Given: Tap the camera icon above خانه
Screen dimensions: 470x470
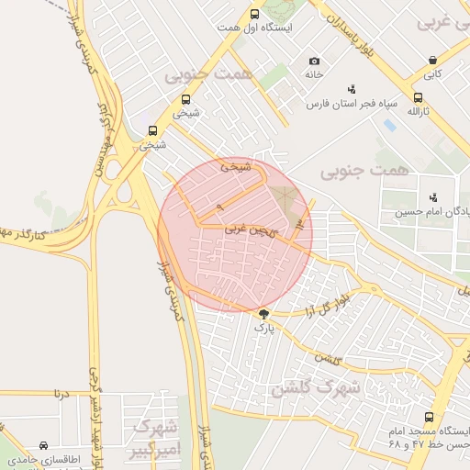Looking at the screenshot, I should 315,61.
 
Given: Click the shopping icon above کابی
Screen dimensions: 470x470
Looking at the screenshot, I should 431,61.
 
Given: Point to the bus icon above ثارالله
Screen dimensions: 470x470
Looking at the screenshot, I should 418,97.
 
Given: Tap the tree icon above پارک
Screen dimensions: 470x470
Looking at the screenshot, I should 264,314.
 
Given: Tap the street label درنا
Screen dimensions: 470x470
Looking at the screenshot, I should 61,394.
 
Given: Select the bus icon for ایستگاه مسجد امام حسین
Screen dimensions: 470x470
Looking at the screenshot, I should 429,418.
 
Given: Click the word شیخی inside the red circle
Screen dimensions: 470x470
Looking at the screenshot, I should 235,168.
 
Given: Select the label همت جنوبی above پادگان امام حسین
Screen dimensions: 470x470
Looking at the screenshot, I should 356,171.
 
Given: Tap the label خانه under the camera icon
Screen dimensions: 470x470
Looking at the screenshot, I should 315,74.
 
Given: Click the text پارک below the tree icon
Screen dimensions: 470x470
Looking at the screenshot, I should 264,327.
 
